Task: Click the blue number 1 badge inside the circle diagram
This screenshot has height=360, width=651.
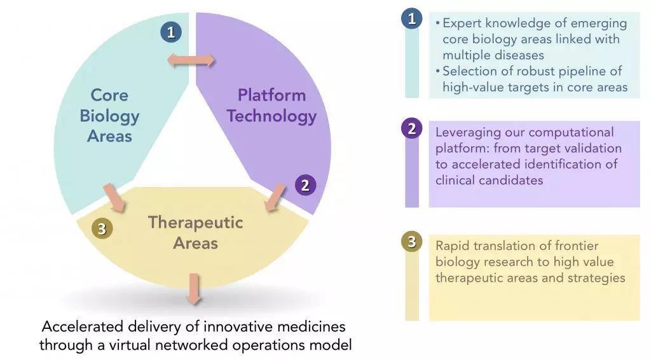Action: click(171, 32)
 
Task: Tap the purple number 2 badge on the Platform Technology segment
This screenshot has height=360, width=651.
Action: click(306, 185)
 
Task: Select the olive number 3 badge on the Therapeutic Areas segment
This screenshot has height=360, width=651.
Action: click(102, 228)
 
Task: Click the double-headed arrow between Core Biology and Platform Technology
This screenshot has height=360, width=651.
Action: click(191, 60)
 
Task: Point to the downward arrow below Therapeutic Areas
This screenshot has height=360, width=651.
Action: click(194, 289)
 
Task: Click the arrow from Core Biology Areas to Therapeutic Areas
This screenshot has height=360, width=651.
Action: click(114, 198)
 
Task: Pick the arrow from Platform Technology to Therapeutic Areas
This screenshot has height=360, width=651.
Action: click(275, 198)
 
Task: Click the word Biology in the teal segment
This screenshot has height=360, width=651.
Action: click(109, 116)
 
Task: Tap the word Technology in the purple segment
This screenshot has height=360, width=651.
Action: click(272, 116)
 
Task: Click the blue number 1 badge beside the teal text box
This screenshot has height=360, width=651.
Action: click(412, 18)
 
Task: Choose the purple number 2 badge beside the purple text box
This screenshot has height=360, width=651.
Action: click(412, 128)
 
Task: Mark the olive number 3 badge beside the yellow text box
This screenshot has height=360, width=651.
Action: click(412, 241)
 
